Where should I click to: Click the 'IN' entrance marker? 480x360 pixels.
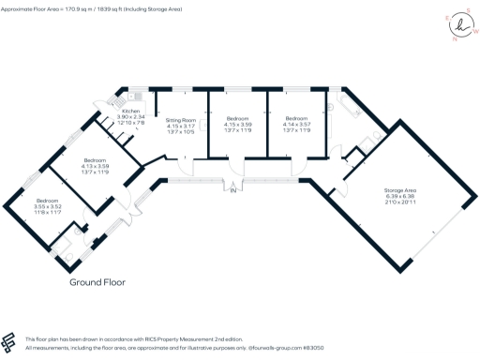click(233, 192)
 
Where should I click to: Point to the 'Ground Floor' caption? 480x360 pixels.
click(97, 280)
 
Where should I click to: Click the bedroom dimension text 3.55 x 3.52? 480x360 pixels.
click(48, 208)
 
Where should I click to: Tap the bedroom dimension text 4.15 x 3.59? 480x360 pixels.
click(239, 126)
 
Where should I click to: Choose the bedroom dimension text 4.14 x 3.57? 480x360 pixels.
click(298, 126)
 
